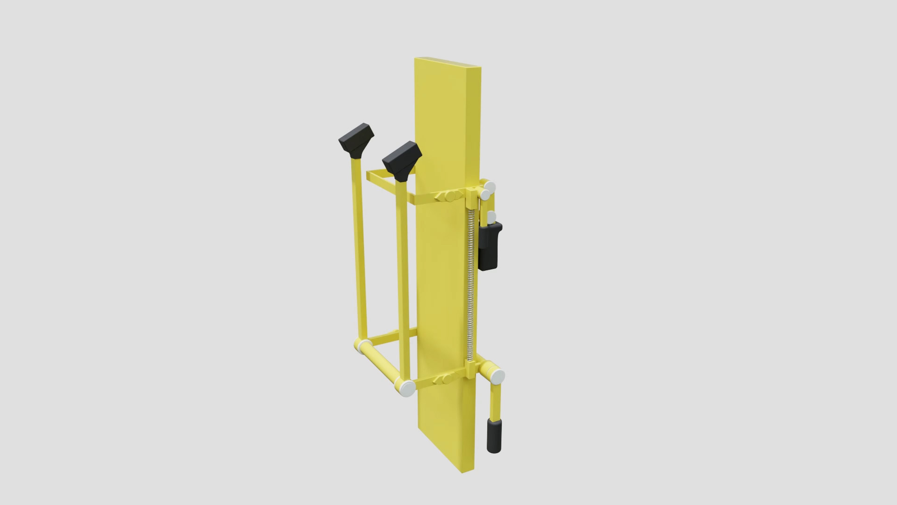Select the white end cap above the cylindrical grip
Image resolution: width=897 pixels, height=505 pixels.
click(496, 375)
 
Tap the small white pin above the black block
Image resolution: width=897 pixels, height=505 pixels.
click(491, 218)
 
